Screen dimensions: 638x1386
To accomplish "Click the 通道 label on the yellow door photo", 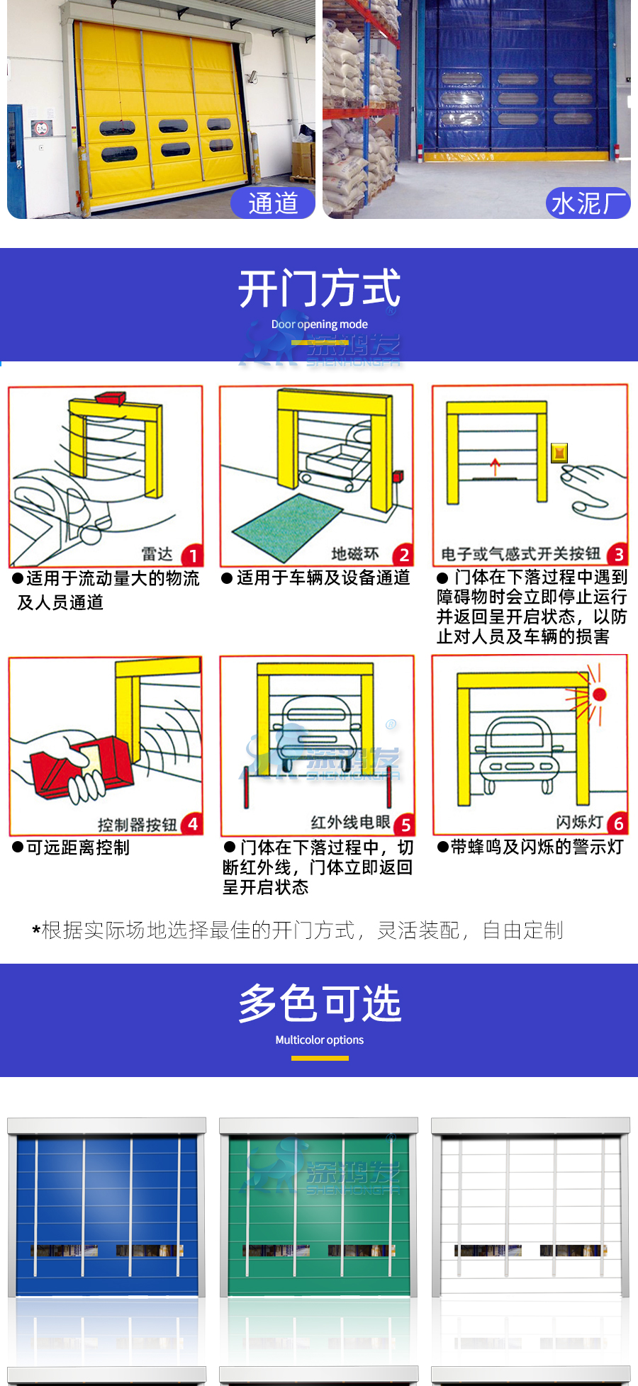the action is coord(273,203).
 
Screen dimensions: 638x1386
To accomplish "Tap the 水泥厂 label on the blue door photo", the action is coord(588,203).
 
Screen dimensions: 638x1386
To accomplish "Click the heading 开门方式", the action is coord(320,288).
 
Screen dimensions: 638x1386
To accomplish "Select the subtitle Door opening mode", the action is coord(320,325).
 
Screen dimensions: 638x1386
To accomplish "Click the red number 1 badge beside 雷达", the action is coord(193,555).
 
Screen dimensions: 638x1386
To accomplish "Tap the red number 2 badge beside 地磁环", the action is coord(404,554).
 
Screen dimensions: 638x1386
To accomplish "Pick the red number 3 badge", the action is coord(618,554).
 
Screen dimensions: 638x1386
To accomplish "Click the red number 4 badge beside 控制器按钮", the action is coord(192,823).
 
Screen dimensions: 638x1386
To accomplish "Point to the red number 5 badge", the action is coord(405,824).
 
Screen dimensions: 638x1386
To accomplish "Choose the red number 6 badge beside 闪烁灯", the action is coord(618,823).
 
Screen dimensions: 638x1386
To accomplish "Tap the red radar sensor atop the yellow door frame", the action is coord(111,398).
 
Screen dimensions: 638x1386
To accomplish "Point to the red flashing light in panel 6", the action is coord(599,694).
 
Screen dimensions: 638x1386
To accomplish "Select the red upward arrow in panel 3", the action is coord(495,466).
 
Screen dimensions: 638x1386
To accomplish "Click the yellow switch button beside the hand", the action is coord(559,452).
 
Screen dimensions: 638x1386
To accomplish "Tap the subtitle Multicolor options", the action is coord(320,1040).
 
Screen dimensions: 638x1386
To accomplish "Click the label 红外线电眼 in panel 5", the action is coord(351,822).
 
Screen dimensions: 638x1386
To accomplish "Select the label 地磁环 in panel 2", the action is coord(355,553).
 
